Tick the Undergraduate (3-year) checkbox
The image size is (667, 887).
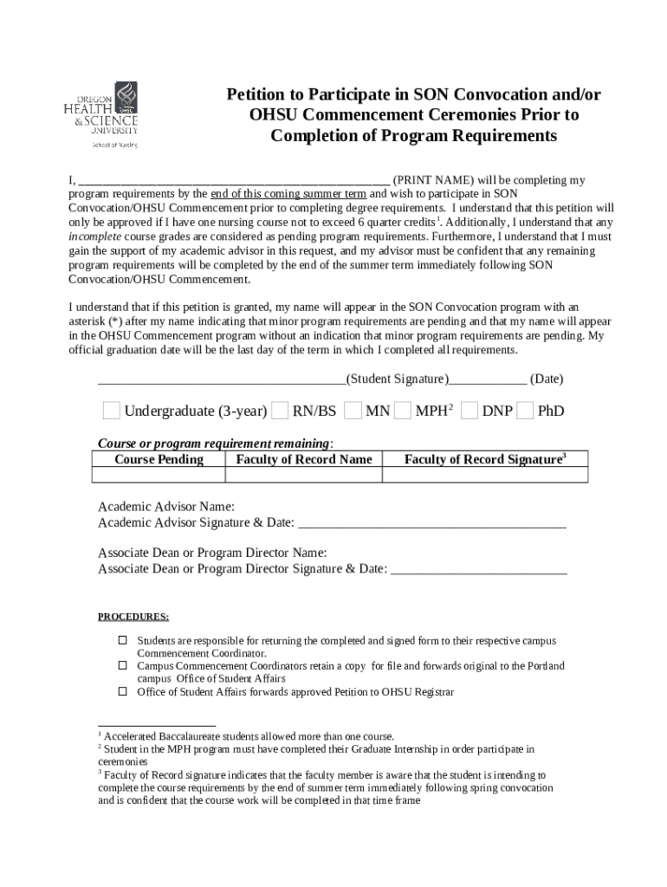coord(112,410)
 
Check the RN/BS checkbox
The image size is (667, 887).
coord(281,410)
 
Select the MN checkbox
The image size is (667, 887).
coord(353,410)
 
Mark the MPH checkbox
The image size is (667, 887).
coord(402,410)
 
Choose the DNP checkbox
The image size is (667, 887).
coord(469,410)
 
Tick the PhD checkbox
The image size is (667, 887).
coord(525,410)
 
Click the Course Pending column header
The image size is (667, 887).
coord(159,459)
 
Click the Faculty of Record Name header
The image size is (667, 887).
coord(303,459)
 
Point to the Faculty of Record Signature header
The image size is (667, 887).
coord(484,459)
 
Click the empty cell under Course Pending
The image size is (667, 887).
coord(159,475)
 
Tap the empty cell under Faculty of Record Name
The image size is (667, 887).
coord(303,475)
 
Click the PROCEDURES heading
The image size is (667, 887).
coord(133,617)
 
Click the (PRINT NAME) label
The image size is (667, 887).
coord(432,180)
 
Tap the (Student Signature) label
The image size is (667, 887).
coord(397,379)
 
